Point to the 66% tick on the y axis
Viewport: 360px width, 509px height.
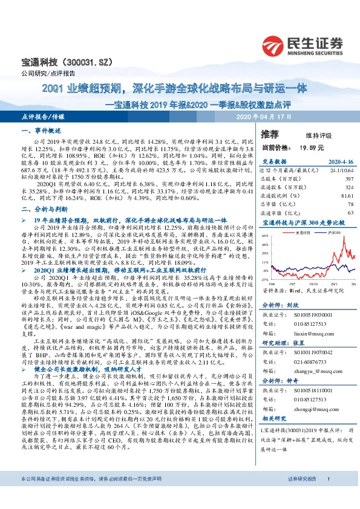click(265, 236)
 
